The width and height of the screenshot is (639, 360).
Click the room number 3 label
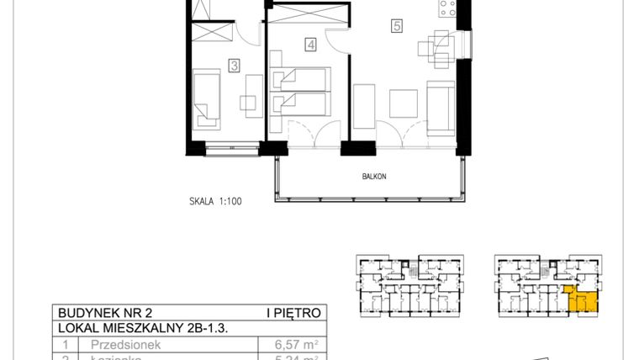tap(235, 63)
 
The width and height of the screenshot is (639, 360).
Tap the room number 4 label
tap(310, 45)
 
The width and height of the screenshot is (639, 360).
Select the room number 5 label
tap(396, 26)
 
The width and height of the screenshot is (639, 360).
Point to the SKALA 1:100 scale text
tap(215, 202)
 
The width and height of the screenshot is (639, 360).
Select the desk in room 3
tap(249, 93)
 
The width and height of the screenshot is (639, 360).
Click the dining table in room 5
tap(438, 49)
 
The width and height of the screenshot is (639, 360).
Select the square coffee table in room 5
tap(404, 102)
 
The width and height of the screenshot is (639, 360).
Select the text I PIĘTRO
tap(293, 313)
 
